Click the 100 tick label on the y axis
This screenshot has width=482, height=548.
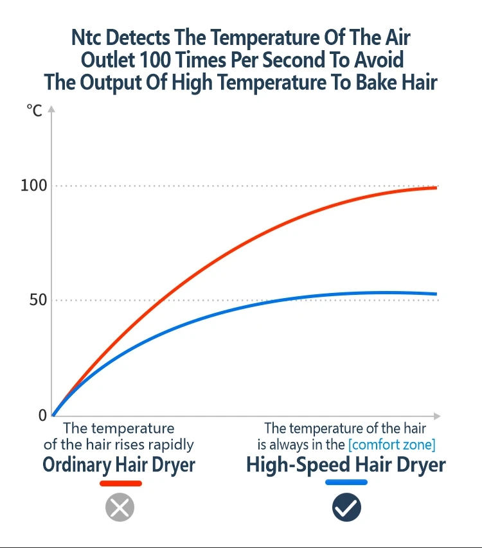point(33,186)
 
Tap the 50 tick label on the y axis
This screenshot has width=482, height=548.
point(38,300)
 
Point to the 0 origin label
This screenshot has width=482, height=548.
point(43,416)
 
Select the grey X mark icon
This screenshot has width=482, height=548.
point(120,507)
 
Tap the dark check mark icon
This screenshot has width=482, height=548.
point(346,508)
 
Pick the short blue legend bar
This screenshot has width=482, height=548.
point(346,482)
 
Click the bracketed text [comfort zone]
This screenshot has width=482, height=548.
point(391,444)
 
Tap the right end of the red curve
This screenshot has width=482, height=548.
point(436,188)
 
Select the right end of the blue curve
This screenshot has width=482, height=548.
point(436,294)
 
